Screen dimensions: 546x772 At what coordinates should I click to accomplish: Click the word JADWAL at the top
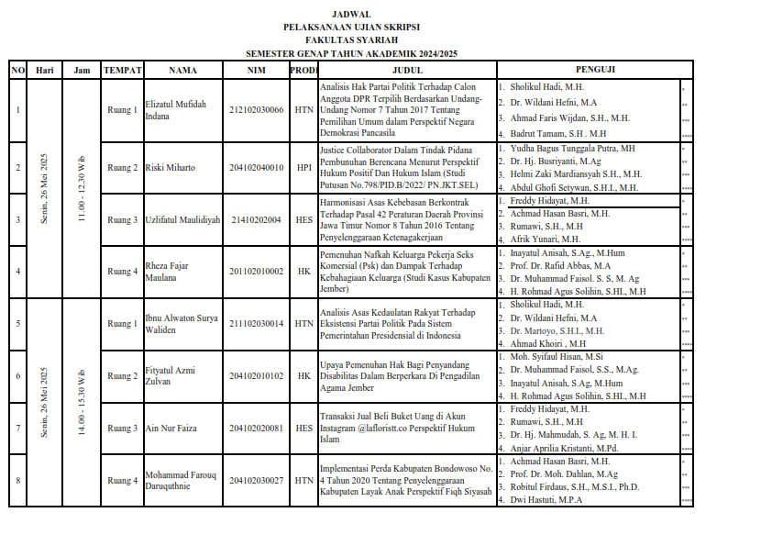click(351, 15)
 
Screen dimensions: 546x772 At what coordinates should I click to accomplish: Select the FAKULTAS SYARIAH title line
click(351, 41)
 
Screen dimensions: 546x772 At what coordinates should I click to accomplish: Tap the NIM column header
click(257, 70)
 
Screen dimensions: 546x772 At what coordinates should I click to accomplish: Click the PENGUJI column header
click(594, 70)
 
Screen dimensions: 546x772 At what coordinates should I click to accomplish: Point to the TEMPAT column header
click(122, 70)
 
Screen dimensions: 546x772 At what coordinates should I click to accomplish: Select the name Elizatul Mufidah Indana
click(176, 110)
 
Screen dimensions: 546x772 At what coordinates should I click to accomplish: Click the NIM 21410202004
click(257, 220)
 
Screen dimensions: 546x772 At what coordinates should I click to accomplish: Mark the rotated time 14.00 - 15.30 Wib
click(82, 404)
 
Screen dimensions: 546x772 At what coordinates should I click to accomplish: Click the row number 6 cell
click(18, 376)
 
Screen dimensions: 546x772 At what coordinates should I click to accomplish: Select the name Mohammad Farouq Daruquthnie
click(181, 481)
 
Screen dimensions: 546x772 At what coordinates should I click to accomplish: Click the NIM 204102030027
click(257, 481)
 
